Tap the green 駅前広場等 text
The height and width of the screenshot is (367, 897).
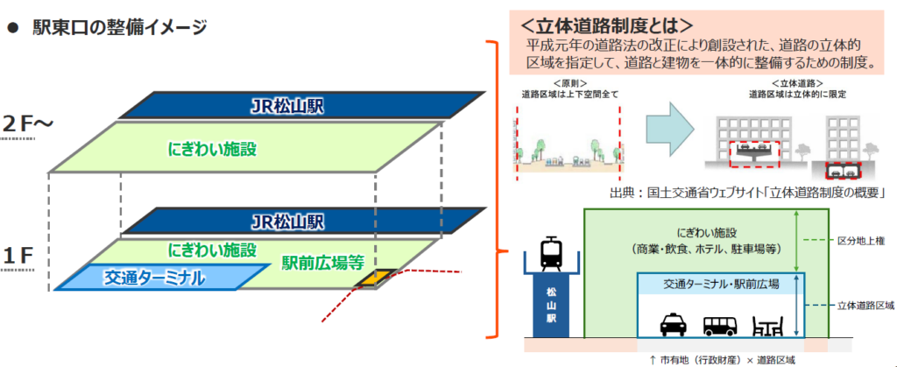(322, 263)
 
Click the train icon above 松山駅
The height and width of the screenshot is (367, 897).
(552, 254)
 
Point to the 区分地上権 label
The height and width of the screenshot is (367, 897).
(865, 240)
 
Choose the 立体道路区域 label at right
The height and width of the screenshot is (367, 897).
(865, 306)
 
